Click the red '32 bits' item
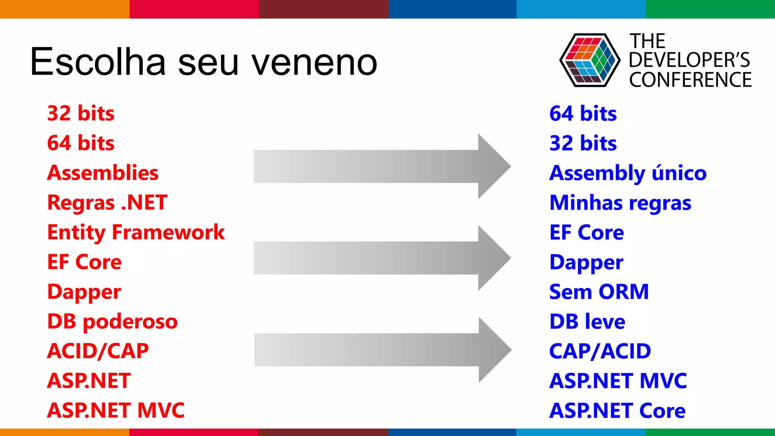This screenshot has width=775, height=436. [81, 113]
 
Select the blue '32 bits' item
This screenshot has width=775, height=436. [583, 143]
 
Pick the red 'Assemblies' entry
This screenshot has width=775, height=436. [103, 173]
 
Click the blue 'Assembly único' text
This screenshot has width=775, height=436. [628, 173]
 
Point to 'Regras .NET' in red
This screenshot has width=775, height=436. [107, 202]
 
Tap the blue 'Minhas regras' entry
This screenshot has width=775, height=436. [620, 202]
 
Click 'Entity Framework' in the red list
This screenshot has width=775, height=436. [136, 232]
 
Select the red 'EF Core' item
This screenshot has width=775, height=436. [84, 262]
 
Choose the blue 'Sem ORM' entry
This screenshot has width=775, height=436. [599, 292]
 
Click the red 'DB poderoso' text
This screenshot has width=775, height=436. [112, 321]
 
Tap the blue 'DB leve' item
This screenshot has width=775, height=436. [587, 321]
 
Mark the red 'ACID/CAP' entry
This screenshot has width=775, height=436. [98, 351]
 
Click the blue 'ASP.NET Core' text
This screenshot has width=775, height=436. [617, 411]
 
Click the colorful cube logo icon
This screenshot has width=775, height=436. [590, 60]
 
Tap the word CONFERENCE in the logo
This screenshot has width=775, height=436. [690, 80]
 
